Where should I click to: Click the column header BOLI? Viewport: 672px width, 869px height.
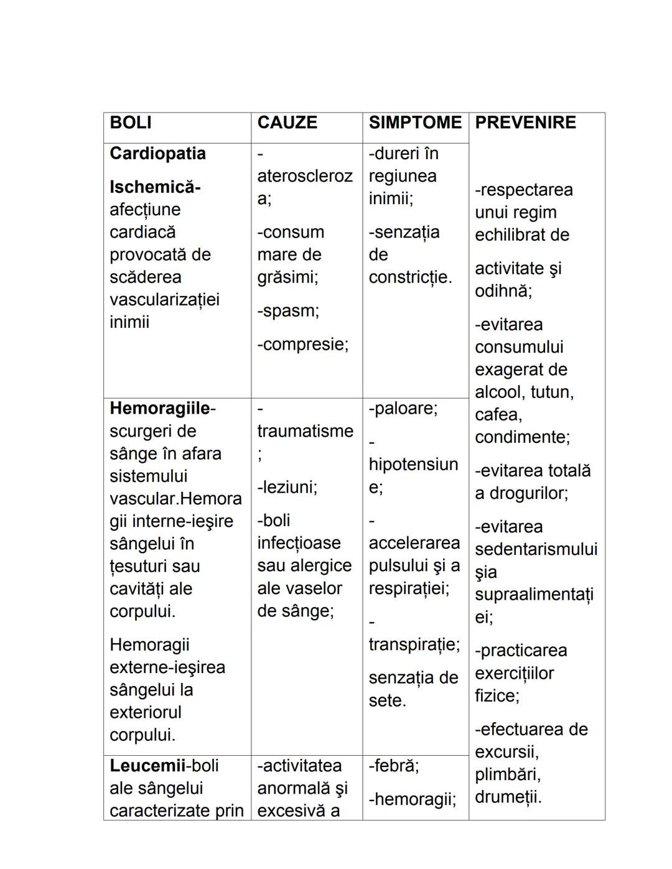point(131,123)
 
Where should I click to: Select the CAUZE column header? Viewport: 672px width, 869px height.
point(287,123)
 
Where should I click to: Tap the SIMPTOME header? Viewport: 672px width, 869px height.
point(415,123)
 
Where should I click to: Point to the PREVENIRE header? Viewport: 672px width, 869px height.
point(525,123)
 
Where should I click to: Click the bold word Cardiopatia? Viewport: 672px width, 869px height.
point(157,154)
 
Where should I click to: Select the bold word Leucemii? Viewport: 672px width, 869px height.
point(147,766)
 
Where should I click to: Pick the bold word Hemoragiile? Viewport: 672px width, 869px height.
point(160,409)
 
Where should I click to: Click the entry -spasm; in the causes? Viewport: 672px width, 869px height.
point(288,311)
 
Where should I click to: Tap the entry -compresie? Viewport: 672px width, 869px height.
point(303,345)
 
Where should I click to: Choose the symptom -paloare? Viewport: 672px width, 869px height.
point(403,409)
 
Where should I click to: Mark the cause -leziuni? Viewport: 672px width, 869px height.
point(287,487)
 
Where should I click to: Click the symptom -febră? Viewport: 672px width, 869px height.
point(394,766)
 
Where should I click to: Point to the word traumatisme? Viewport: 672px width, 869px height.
point(305,431)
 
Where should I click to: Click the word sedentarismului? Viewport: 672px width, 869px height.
point(536,549)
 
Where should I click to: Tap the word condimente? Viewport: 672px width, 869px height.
point(521,437)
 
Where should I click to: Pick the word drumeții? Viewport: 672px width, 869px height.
point(507,797)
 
